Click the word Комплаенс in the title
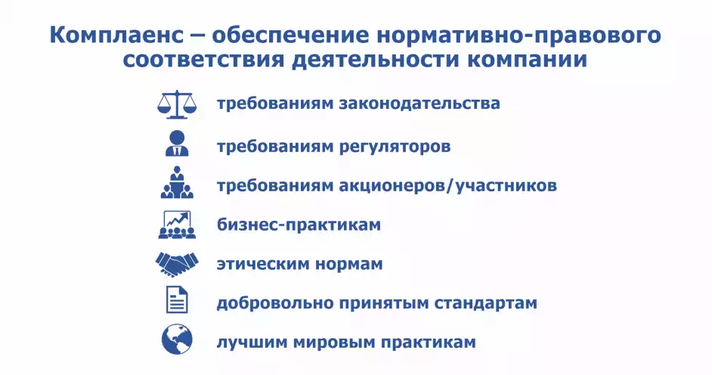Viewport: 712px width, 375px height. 116,36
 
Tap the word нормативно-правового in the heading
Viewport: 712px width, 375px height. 518,36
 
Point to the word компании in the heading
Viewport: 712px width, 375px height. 527,60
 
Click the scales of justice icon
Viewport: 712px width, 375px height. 177,104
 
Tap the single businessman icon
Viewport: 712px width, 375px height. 177,144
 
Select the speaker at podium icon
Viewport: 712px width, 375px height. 177,182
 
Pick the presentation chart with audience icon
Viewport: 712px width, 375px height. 177,225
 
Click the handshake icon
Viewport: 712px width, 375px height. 177,264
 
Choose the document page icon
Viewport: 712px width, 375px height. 177,299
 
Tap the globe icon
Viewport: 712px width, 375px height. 177,339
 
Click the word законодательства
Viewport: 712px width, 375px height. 419,104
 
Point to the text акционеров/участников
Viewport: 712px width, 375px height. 447,186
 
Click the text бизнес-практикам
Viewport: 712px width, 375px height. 299,225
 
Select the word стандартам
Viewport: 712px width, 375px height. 486,303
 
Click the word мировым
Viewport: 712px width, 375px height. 334,342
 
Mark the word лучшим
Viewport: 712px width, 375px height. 251,342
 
